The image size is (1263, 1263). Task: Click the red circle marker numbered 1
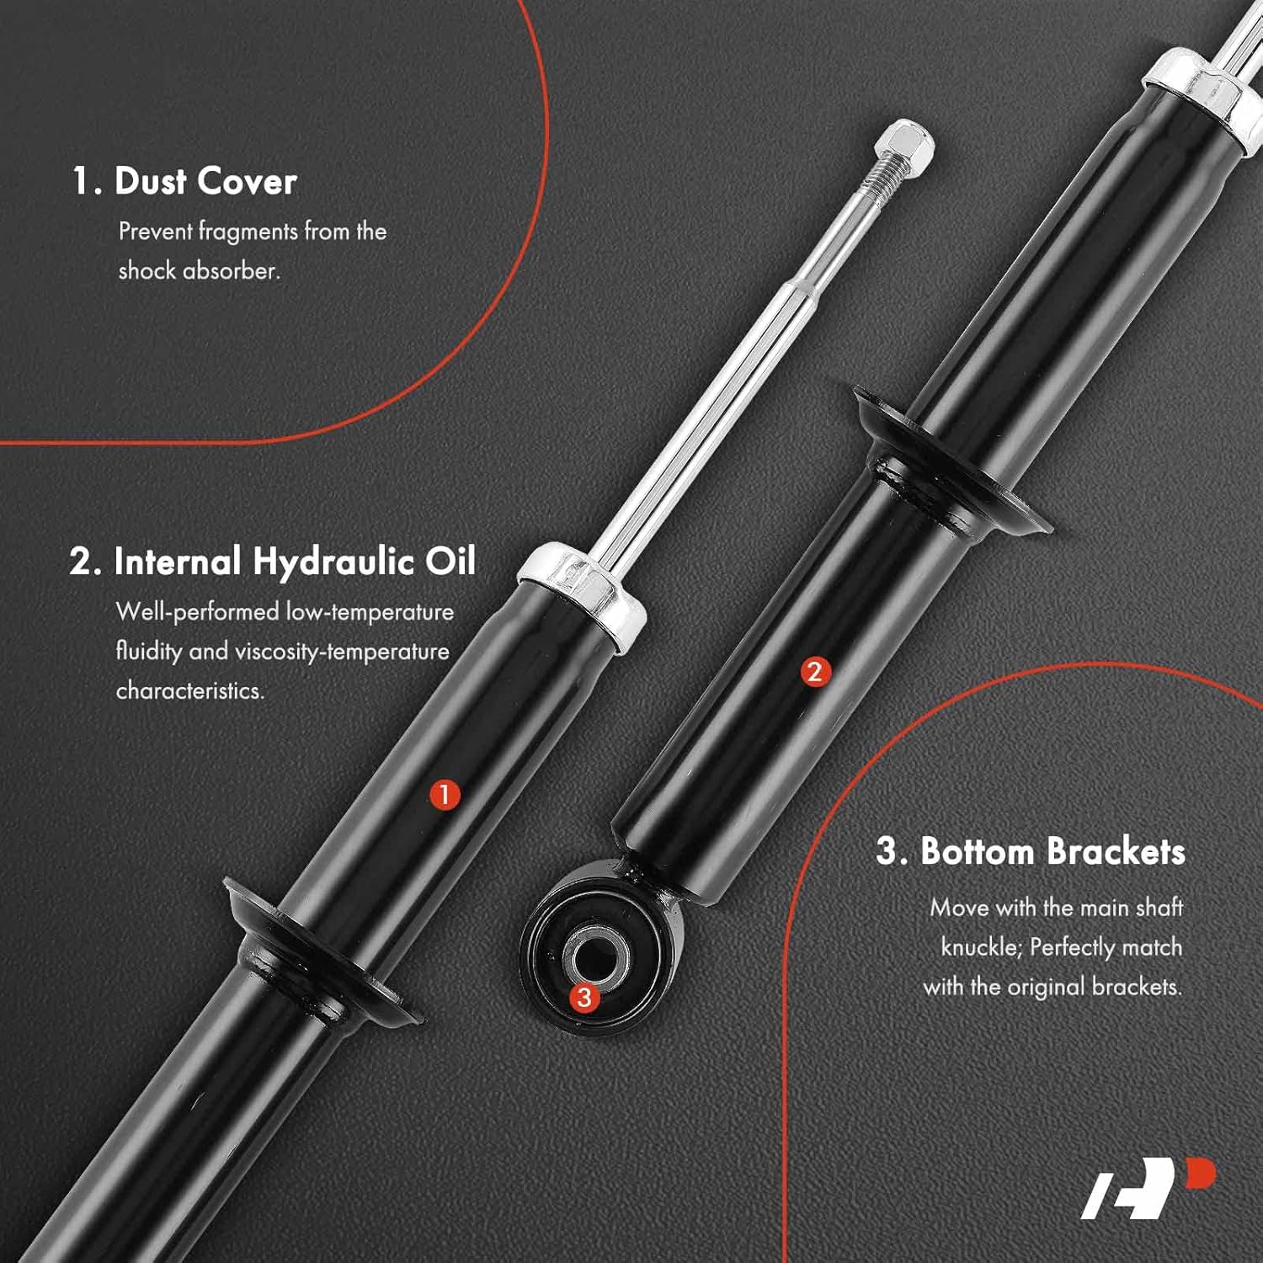point(445,794)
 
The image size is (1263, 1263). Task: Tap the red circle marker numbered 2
point(814,671)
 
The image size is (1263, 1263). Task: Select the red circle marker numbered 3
point(584,998)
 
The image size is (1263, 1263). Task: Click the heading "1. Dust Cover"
point(184,181)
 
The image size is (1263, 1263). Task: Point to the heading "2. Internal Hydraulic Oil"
point(273,562)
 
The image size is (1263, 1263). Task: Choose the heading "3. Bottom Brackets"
point(1031,851)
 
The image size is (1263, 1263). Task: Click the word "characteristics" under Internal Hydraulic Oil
point(189,691)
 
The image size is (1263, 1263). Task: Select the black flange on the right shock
point(951,463)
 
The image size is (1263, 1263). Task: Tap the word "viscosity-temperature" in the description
point(342,652)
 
